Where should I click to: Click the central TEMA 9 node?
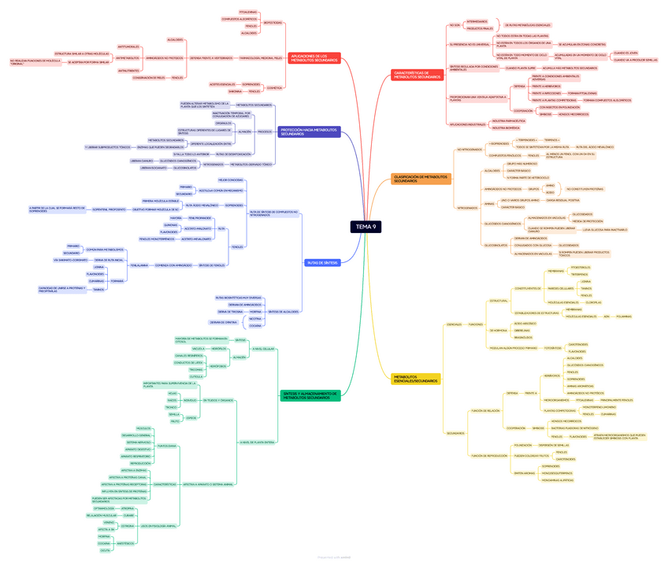(366, 227)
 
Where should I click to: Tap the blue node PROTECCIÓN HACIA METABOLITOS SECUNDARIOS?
(310, 132)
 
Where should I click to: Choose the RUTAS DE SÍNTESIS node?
(322, 262)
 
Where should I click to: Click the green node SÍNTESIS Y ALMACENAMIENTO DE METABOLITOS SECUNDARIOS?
(310, 395)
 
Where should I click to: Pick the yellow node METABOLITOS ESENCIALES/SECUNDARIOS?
(416, 379)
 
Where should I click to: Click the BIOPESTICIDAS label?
(273, 22)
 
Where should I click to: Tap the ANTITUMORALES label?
(128, 46)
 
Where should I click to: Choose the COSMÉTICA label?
(274, 87)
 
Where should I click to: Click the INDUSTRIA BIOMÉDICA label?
(506, 128)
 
